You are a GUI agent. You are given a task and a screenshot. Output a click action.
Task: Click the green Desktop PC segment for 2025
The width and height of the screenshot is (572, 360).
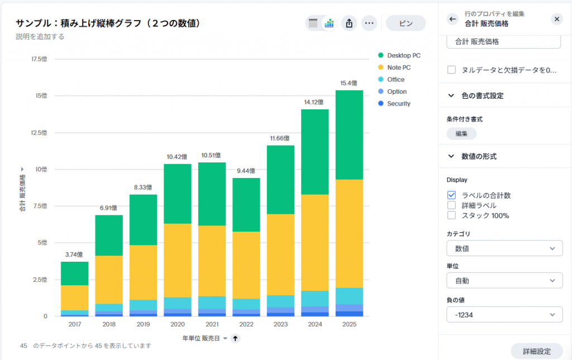tap(349, 135)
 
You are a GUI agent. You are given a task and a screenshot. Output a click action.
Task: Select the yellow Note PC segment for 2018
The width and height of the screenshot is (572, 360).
tap(109, 279)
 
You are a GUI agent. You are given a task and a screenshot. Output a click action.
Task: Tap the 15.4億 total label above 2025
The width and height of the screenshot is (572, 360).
tap(349, 83)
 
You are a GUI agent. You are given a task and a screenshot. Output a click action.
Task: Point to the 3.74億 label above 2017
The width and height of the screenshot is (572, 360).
tap(74, 255)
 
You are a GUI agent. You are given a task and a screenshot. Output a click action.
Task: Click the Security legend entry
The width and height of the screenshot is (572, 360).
tap(398, 104)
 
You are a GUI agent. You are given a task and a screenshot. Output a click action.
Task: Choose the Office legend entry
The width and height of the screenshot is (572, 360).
tap(395, 80)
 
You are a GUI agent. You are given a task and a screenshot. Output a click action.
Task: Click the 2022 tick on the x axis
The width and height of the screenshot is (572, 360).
tap(246, 324)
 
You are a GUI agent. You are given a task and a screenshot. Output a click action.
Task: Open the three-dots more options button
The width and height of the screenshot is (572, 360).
tap(369, 23)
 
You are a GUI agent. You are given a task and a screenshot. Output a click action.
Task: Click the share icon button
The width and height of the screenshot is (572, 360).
tap(349, 23)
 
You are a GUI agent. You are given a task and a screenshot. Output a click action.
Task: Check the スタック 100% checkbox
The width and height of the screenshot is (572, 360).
tap(451, 215)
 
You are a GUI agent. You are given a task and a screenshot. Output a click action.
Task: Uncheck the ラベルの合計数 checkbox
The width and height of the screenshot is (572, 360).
tap(451, 195)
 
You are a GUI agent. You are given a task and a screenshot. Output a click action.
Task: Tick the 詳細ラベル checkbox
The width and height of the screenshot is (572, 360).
tap(451, 205)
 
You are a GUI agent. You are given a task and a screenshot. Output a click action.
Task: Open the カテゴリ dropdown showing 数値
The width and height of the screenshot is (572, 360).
tap(504, 248)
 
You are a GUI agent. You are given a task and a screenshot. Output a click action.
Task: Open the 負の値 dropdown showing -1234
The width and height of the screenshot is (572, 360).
tap(504, 315)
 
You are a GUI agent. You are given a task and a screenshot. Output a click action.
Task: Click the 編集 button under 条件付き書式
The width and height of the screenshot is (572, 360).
tap(461, 134)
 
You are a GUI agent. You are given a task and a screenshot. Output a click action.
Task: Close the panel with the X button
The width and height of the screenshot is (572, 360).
tap(557, 19)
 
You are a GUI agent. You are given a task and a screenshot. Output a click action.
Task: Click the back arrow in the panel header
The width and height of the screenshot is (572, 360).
tap(453, 19)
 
